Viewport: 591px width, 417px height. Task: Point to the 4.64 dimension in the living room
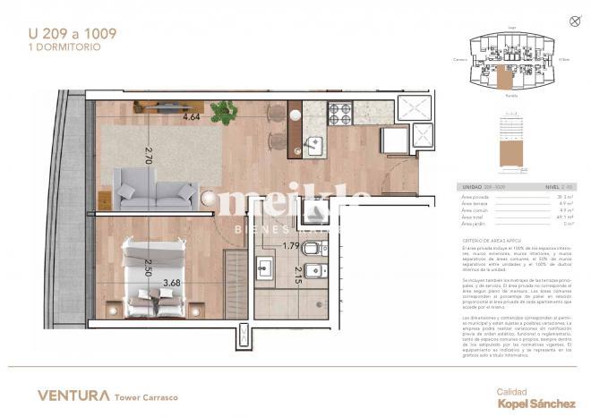192,117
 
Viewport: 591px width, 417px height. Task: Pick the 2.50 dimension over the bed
148,267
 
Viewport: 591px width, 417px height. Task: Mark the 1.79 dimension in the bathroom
290,245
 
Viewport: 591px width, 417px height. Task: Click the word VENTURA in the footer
73,395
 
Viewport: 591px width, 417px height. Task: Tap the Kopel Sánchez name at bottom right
535,404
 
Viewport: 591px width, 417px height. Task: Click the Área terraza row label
475,203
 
